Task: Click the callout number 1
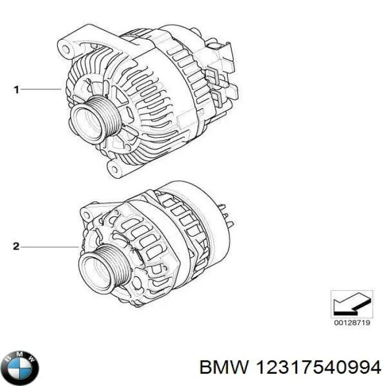coord(17,89)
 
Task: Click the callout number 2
coord(17,247)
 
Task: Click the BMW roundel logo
coord(21,364)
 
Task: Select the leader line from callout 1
coord(41,89)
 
